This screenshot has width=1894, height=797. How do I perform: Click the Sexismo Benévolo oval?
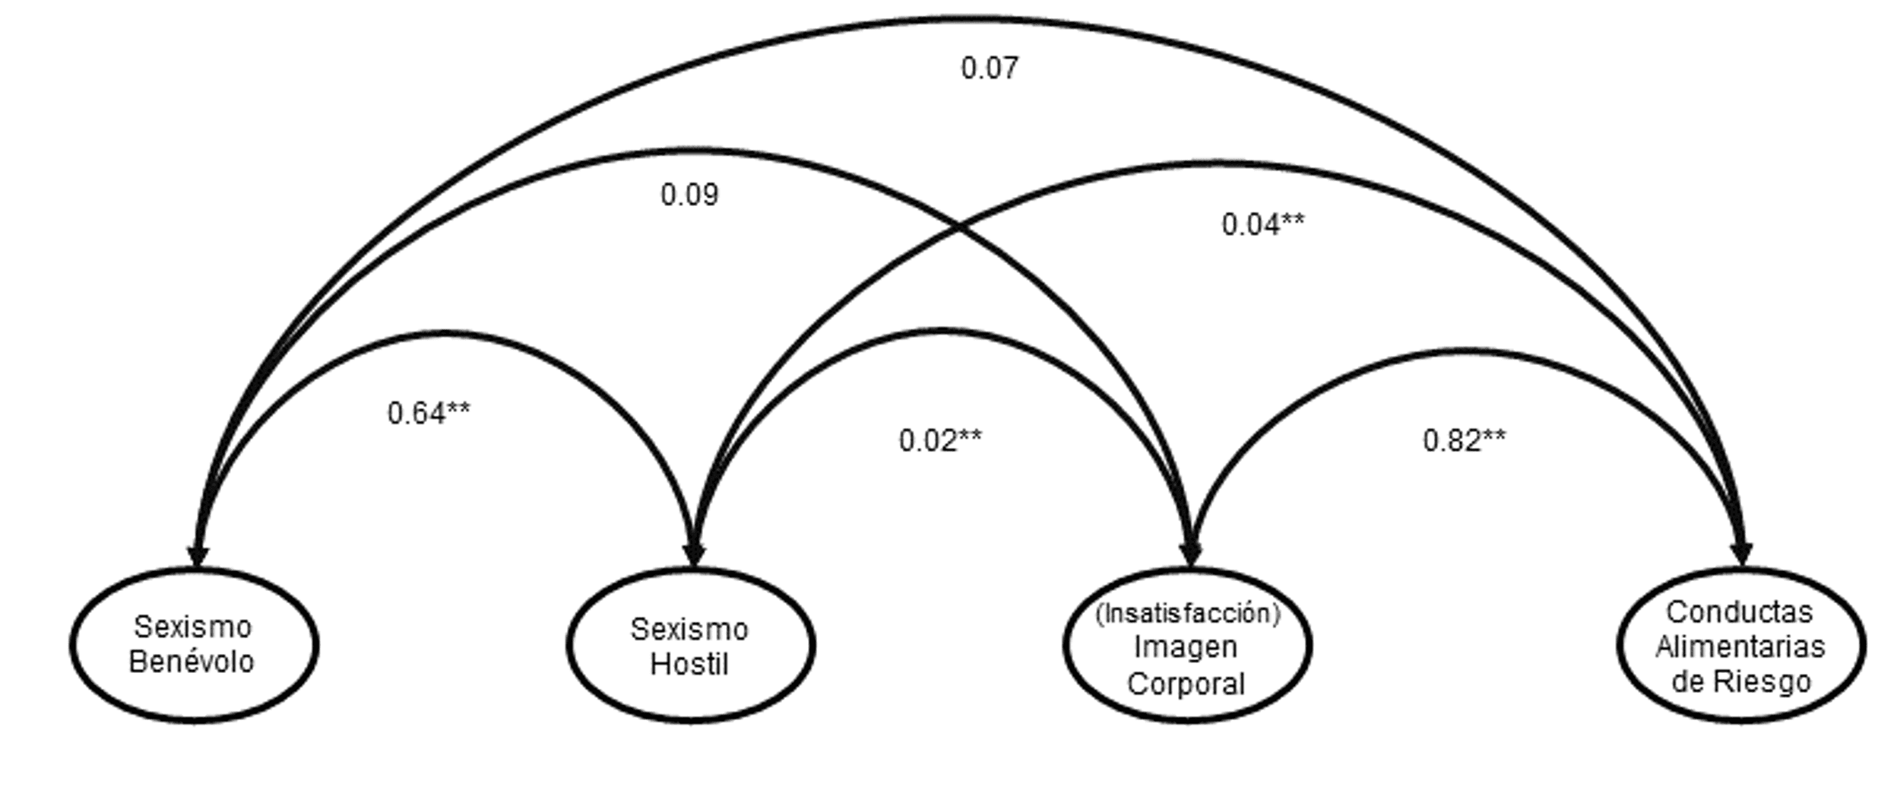195,645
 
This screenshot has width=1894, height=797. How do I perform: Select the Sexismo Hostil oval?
691,645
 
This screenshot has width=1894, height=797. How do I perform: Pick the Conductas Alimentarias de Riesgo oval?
1740,645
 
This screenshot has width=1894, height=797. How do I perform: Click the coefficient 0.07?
989,68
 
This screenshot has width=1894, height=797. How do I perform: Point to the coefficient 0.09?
689,195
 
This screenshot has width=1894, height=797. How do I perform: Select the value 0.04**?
1262,224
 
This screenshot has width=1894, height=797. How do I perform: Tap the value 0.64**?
429,413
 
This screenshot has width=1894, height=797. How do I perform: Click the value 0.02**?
939,440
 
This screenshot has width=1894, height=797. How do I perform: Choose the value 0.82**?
1463,440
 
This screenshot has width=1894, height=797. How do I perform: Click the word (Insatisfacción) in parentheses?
1187,613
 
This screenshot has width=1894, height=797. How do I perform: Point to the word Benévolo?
191,662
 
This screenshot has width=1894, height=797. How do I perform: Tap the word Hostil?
689,664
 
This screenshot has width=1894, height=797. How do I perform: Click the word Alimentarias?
1740,646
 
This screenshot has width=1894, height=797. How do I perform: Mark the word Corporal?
1186,684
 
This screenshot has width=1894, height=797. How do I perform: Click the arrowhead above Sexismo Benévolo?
198,555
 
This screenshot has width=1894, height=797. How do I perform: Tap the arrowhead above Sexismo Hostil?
694,555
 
